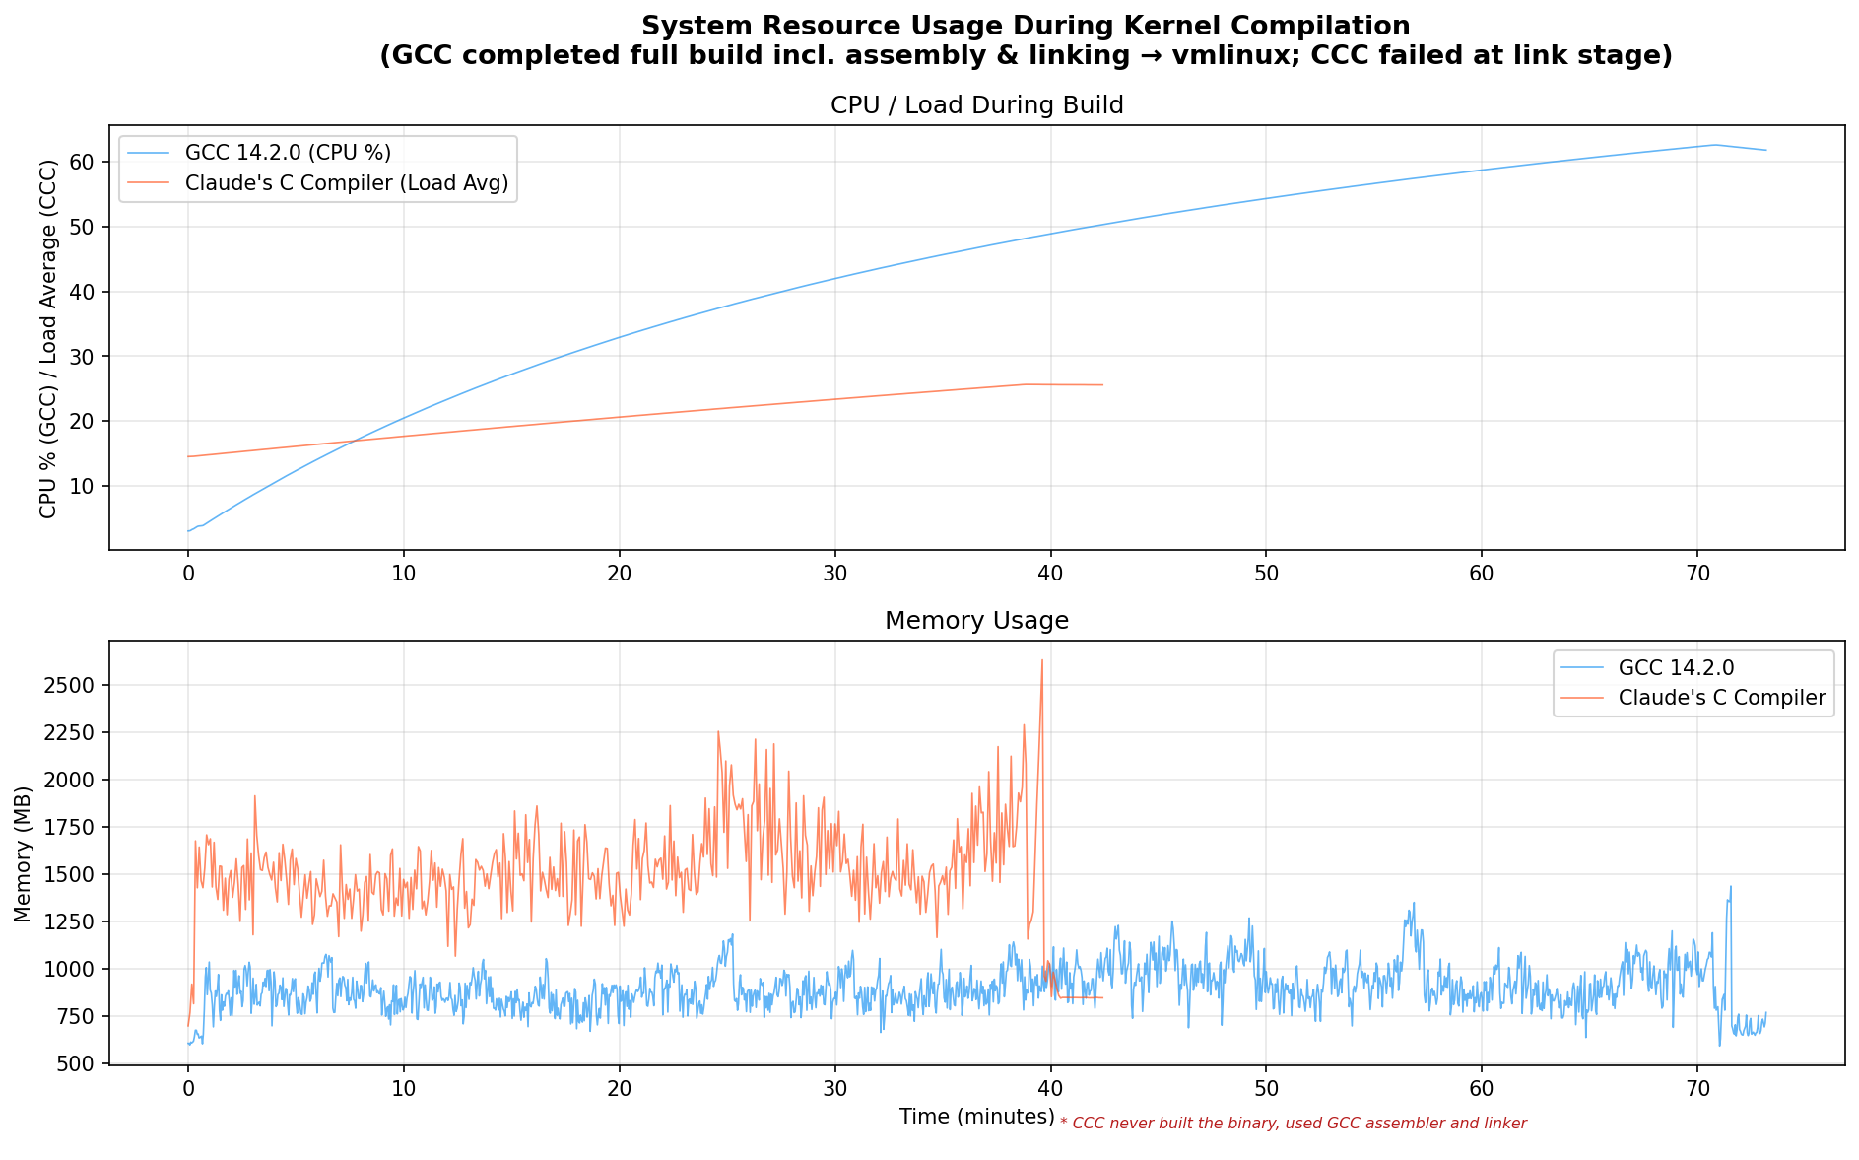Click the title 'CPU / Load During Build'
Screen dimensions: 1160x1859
[976, 105]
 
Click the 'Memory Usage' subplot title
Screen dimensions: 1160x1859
[976, 621]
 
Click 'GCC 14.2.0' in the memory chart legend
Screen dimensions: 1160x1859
[1676, 667]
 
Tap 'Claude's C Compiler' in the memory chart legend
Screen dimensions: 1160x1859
[1722, 699]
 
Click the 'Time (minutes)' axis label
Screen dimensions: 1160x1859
[976, 1117]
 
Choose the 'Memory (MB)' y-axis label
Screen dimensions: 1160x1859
[24, 853]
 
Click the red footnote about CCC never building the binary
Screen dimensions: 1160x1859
[1293, 1124]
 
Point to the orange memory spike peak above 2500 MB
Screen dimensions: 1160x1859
[1041, 660]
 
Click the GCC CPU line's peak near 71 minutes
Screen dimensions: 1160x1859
[1714, 145]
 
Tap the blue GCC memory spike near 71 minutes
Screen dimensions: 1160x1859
[1730, 887]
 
